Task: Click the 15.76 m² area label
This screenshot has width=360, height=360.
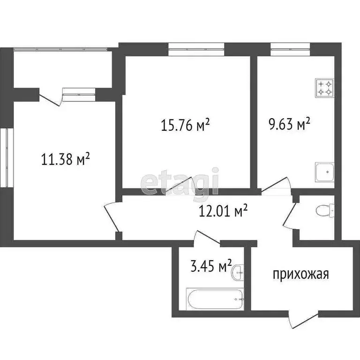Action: pyautogui.click(x=185, y=126)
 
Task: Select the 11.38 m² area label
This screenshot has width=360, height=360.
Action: pyautogui.click(x=66, y=160)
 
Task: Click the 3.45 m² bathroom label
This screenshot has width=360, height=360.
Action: pyautogui.click(x=210, y=268)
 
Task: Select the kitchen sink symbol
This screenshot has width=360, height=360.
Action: pyautogui.click(x=324, y=172)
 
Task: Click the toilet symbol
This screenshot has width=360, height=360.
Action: pyautogui.click(x=325, y=211)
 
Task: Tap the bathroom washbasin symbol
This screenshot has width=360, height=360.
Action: pyautogui.click(x=239, y=271)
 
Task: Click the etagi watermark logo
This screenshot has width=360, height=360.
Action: pyautogui.click(x=180, y=182)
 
